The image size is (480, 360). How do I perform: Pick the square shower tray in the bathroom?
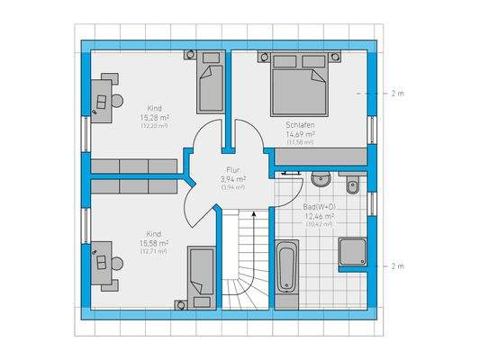pyautogui.click(x=353, y=255)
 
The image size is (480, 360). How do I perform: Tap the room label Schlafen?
pyautogui.click(x=300, y=125)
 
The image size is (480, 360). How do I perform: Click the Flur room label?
pyautogui.click(x=233, y=169)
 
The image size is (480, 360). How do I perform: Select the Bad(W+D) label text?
pyautogui.click(x=320, y=207)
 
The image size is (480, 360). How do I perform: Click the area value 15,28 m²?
pyautogui.click(x=155, y=118)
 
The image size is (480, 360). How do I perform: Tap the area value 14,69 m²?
pyautogui.click(x=300, y=134)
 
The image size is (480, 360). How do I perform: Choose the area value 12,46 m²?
pyautogui.click(x=320, y=216)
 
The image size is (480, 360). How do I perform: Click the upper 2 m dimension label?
pyautogui.click(x=397, y=94)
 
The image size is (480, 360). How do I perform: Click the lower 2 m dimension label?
pyautogui.click(x=397, y=266)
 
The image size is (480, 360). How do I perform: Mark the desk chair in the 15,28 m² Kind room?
pyautogui.click(x=117, y=97)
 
